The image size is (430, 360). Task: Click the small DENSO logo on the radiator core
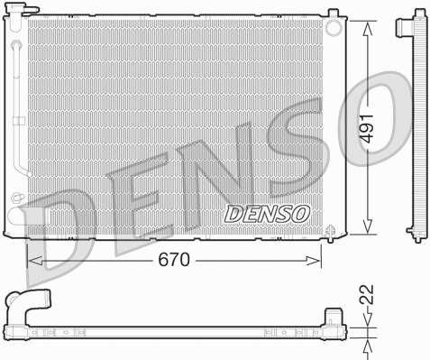(x=266, y=214)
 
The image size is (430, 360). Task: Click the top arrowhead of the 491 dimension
(x=368, y=25)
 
